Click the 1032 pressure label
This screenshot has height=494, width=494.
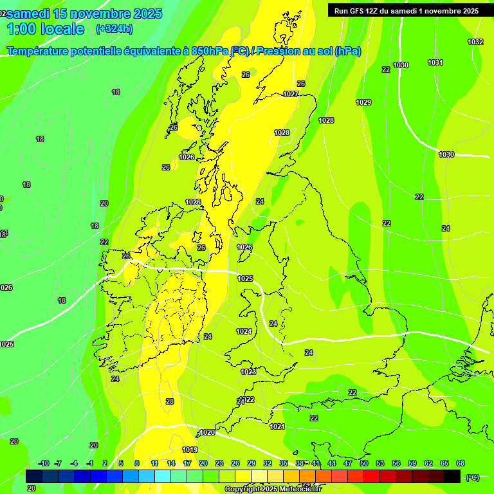coord(475,42)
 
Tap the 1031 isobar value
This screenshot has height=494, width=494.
coord(435,62)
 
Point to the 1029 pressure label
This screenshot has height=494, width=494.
coord(363,102)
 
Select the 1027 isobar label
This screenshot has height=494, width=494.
coord(291,94)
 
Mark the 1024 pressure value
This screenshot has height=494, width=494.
coord(244,331)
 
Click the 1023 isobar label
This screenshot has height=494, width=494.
coord(248,372)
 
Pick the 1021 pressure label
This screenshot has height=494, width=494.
coord(277,426)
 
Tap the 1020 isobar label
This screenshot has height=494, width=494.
coord(207,432)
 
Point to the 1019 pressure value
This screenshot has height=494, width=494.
coord(190,450)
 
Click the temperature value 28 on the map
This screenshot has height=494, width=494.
coord(170,401)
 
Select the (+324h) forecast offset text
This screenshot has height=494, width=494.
coord(114,29)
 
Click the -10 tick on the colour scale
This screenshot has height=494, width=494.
coord(44,463)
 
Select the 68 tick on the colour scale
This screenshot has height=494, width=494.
coord(461,463)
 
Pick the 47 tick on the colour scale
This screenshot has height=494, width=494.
coord(348,463)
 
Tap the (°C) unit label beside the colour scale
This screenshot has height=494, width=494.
coord(472,477)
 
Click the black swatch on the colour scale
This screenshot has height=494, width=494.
coord(452,476)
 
